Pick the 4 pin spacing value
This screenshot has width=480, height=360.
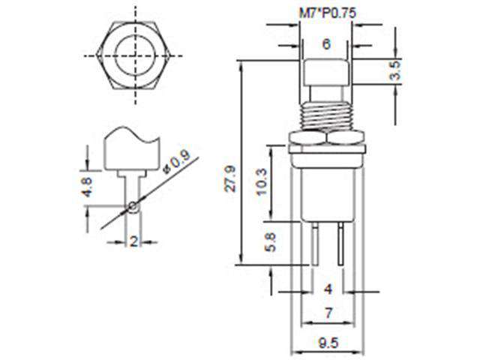327,289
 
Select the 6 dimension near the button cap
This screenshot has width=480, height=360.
325,45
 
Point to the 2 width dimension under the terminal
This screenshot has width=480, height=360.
133,241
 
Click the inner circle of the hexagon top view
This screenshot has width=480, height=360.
136,55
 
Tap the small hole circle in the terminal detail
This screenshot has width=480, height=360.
133,206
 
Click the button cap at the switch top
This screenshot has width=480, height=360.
325,71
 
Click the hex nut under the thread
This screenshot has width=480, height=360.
325,138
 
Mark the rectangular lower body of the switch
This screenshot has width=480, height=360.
325,187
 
